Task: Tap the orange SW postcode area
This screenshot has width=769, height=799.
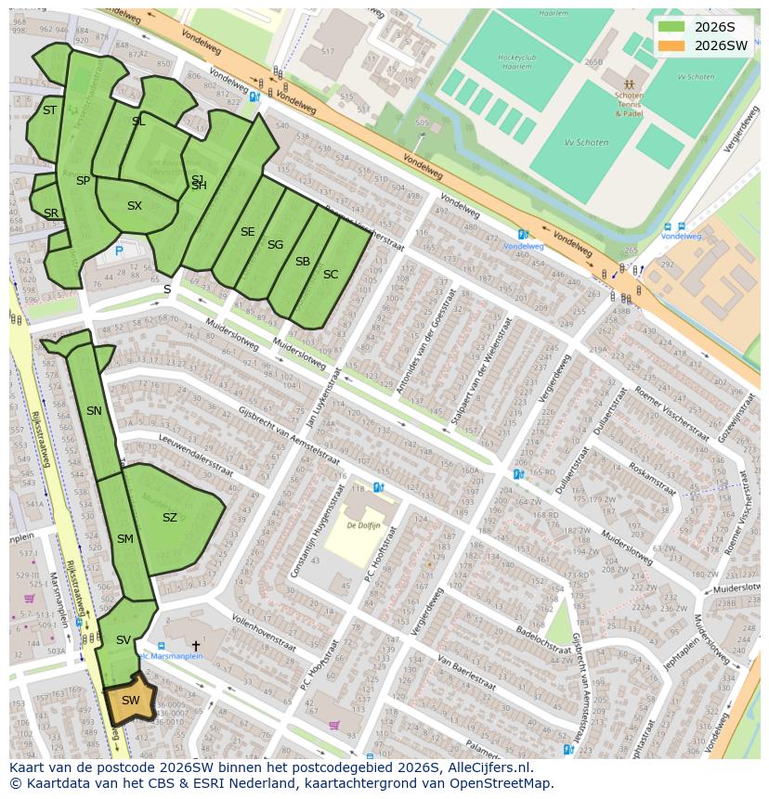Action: coord(130,702)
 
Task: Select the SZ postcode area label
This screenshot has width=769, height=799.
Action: coord(169,518)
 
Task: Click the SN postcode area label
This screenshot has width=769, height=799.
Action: coord(94,411)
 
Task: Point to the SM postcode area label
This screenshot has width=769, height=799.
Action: coord(124,539)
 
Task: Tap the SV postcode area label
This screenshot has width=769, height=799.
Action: coord(124,640)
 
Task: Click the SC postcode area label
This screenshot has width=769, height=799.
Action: coord(331,275)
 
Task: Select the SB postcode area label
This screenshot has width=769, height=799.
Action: coord(302,262)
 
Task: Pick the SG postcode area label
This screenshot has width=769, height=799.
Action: coord(275,245)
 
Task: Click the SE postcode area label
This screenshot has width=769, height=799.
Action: coord(247,232)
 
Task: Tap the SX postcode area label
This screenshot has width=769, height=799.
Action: coord(135,206)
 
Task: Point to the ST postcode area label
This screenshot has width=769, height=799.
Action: coord(49,110)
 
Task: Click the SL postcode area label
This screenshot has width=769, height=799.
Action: coord(138,122)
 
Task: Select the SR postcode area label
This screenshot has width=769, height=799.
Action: coord(51,213)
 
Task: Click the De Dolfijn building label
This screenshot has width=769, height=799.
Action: coord(364,525)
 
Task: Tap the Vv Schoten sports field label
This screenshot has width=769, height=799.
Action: coord(586,143)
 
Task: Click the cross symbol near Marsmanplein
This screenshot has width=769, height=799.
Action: coord(195,645)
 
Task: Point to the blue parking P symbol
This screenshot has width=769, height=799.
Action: coord(119,251)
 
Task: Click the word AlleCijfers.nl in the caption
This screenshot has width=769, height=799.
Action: coord(485,767)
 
